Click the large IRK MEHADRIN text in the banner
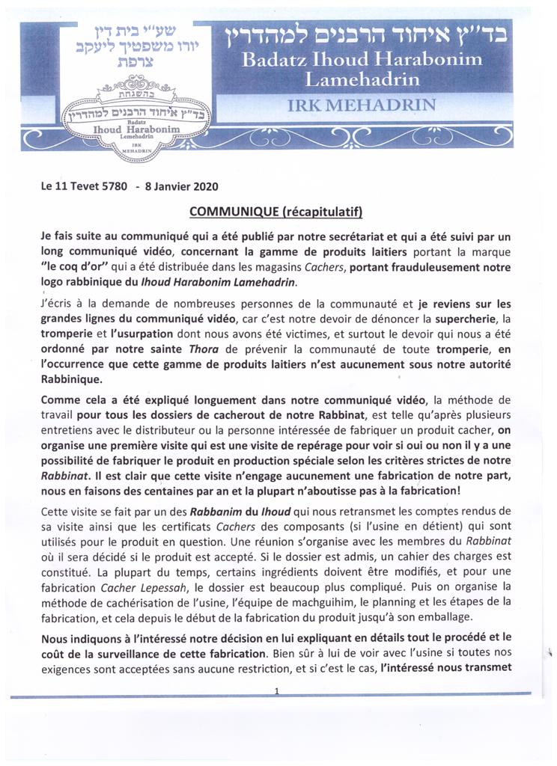pyautogui.click(x=361, y=105)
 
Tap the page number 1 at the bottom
pyautogui.click(x=276, y=692)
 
